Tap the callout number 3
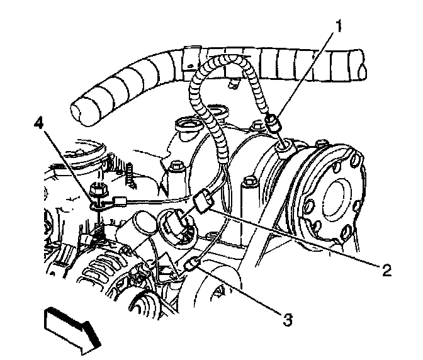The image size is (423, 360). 286,320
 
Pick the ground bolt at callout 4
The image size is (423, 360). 98,188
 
